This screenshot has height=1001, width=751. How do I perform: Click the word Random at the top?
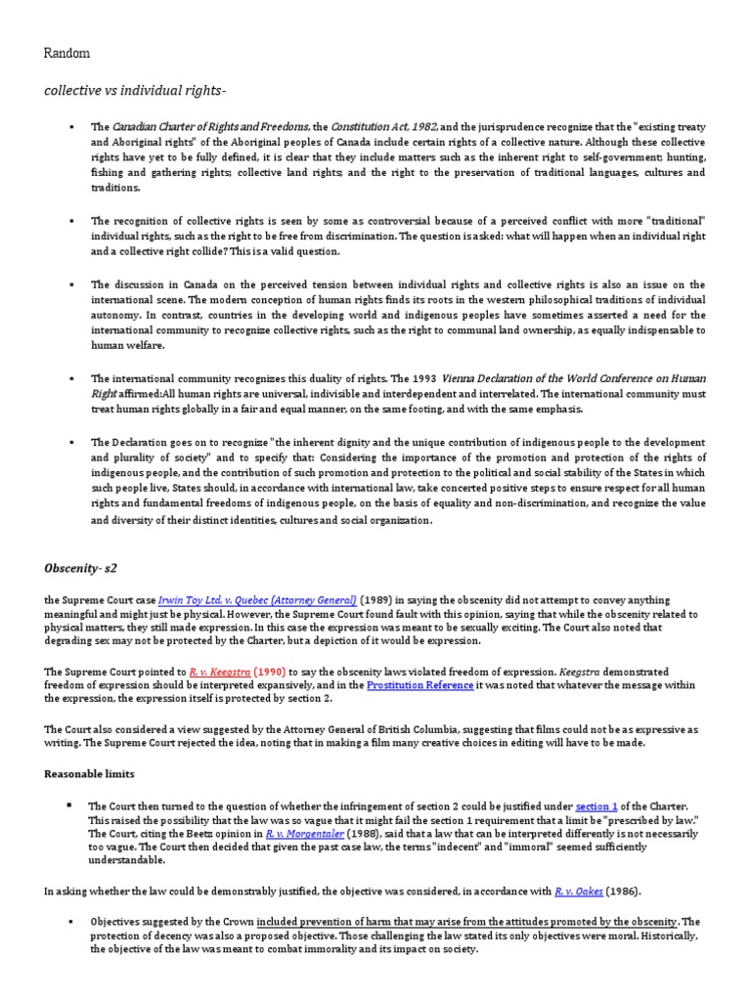coord(66,54)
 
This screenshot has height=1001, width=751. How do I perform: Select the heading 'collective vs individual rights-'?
coord(134,92)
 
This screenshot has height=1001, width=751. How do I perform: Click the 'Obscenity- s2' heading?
coord(83,568)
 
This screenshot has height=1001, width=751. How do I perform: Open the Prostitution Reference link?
coord(420,685)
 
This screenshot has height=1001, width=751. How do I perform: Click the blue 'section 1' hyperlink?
coord(596,805)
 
